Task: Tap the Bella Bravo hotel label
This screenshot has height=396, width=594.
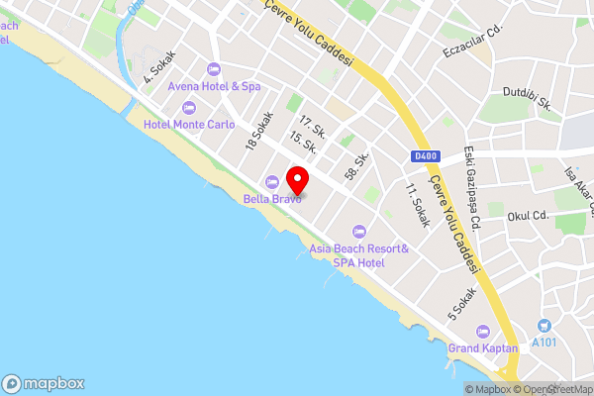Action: pos(272,197)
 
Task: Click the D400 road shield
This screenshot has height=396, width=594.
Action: pos(424,156)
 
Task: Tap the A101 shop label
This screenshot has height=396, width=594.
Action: pos(544,342)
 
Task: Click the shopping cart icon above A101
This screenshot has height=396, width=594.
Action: pos(544,326)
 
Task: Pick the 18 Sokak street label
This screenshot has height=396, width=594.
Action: pos(259,132)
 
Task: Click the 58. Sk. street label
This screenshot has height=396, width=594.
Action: pos(356,165)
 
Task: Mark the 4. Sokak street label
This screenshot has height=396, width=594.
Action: pos(159,65)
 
